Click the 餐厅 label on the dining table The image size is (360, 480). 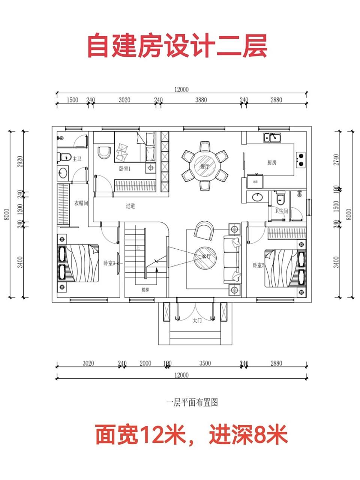point(205,166)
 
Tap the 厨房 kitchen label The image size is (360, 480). point(272,162)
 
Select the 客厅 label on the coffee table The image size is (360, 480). point(206,257)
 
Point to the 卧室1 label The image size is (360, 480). point(124,169)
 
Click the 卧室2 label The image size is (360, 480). point(258,265)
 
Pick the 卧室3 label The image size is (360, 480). point(109,263)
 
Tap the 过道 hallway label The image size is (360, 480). point(130,206)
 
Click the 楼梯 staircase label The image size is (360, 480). point(145,289)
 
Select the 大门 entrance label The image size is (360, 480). point(197,321)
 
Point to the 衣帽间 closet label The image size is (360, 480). point(81,203)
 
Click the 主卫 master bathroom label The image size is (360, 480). point(76,159)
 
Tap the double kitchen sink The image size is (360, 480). point(273,138)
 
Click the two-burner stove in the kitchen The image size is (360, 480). point(300,159)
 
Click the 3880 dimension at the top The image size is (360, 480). point(201,100)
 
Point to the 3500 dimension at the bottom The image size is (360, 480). point(205,363)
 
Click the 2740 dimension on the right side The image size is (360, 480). point(336,160)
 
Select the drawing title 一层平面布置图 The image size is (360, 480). point(192,403)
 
